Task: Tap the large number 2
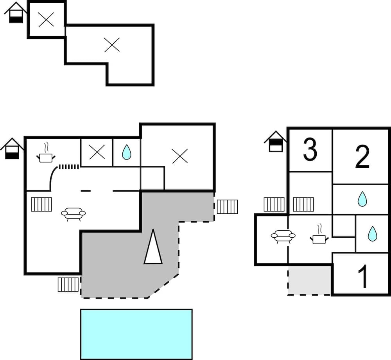(x=362, y=156)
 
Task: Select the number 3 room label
(x=310, y=150)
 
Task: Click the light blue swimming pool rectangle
(x=136, y=334)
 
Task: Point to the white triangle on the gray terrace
(x=153, y=247)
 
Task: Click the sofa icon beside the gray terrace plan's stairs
(x=73, y=213)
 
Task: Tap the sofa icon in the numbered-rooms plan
(x=283, y=236)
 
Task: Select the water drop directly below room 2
(x=362, y=199)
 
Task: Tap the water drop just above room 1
(x=373, y=234)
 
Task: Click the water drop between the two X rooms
(x=126, y=152)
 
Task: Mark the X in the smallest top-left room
(x=46, y=20)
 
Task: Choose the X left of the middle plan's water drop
(x=97, y=152)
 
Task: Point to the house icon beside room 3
(x=275, y=141)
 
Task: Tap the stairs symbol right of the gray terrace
(x=227, y=206)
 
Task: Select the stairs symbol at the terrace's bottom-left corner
(x=68, y=285)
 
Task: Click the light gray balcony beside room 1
(x=309, y=280)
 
